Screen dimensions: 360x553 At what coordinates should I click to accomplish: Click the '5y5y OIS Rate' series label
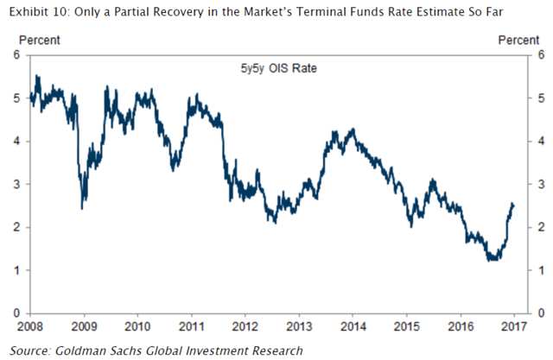[270, 68]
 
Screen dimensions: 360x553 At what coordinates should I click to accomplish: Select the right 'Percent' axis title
[518, 41]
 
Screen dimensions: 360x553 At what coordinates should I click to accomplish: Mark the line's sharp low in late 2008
[81, 208]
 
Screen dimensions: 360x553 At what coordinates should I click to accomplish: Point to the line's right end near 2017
[513, 205]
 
